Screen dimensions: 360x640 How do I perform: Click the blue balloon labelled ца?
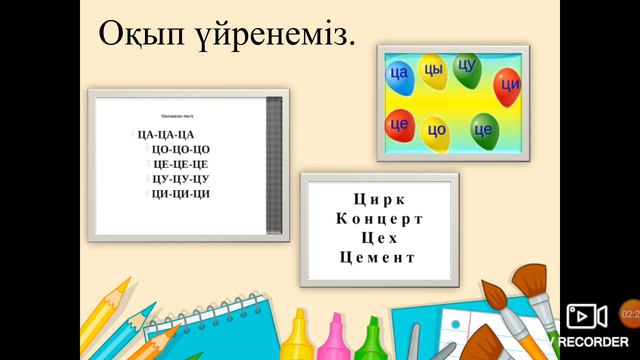[400, 74]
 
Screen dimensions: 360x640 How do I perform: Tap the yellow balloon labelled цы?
[432, 70]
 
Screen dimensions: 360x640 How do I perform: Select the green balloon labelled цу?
[466, 68]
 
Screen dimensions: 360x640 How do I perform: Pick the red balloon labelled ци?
[507, 87]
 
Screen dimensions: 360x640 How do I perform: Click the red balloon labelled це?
[400, 125]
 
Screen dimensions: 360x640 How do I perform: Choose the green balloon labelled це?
[483, 129]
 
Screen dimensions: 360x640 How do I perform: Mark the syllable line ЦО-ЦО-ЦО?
[180, 149]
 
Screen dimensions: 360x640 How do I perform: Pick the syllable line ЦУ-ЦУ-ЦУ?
[180, 178]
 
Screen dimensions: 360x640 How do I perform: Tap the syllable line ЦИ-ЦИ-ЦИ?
[180, 193]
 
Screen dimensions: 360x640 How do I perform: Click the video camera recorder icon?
[587, 316]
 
